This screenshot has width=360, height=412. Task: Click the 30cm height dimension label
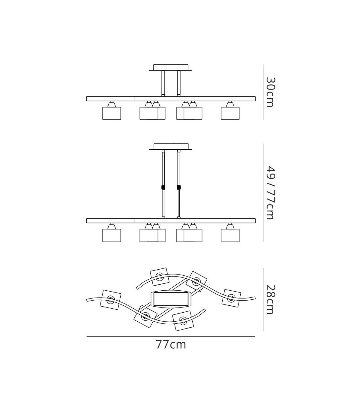[270, 92]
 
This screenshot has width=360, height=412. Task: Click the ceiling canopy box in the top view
[171, 67]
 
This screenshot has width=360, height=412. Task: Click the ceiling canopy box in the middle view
[171, 146]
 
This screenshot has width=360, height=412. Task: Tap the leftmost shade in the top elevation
[112, 113]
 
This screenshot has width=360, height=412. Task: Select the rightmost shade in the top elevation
[230, 113]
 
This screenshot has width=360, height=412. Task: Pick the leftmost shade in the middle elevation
[112, 235]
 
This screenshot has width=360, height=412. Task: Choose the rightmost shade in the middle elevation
[230, 235]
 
